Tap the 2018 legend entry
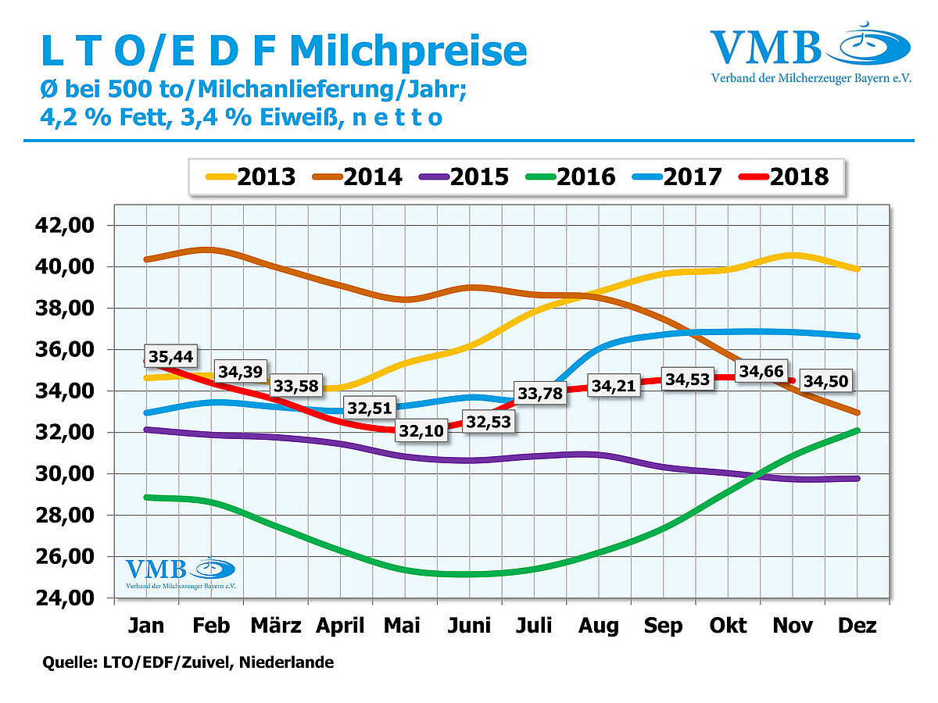click(783, 176)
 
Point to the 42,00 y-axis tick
click(66, 226)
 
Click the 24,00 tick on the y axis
click(66, 598)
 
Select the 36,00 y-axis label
click(66, 350)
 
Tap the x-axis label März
click(276, 626)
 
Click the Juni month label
click(470, 626)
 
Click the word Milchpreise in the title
click(408, 51)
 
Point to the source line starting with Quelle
click(188, 663)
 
